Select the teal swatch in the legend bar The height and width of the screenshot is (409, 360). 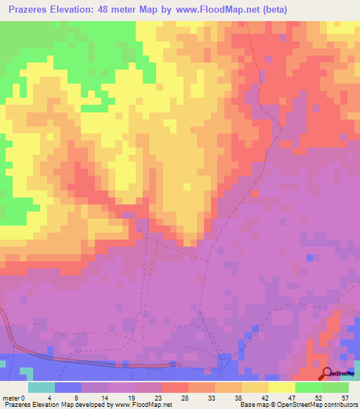[41, 387]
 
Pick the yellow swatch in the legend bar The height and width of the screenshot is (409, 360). [281, 387]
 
